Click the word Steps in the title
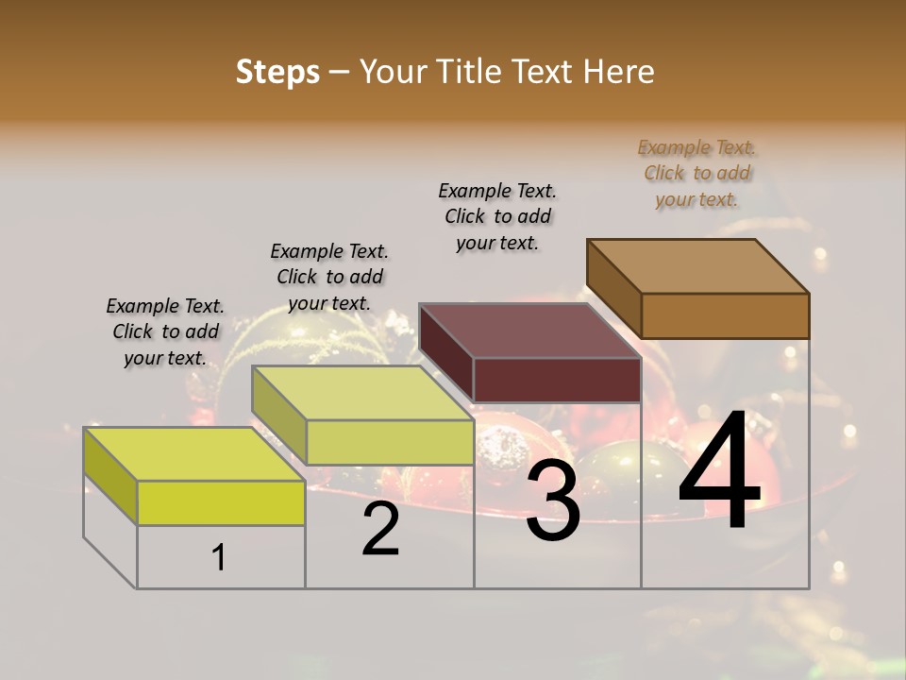pyautogui.click(x=277, y=72)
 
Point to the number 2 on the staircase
pyautogui.click(x=380, y=529)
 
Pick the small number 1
pyautogui.click(x=219, y=558)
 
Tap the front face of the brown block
pyautogui.click(x=725, y=315)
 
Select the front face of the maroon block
pyautogui.click(x=557, y=380)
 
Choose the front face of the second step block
pyautogui.click(x=390, y=442)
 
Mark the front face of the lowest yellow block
pyautogui.click(x=221, y=502)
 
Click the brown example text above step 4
pyautogui.click(x=697, y=174)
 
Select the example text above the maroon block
pyautogui.click(x=497, y=216)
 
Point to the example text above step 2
pyautogui.click(x=329, y=277)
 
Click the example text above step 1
pyautogui.click(x=165, y=331)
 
